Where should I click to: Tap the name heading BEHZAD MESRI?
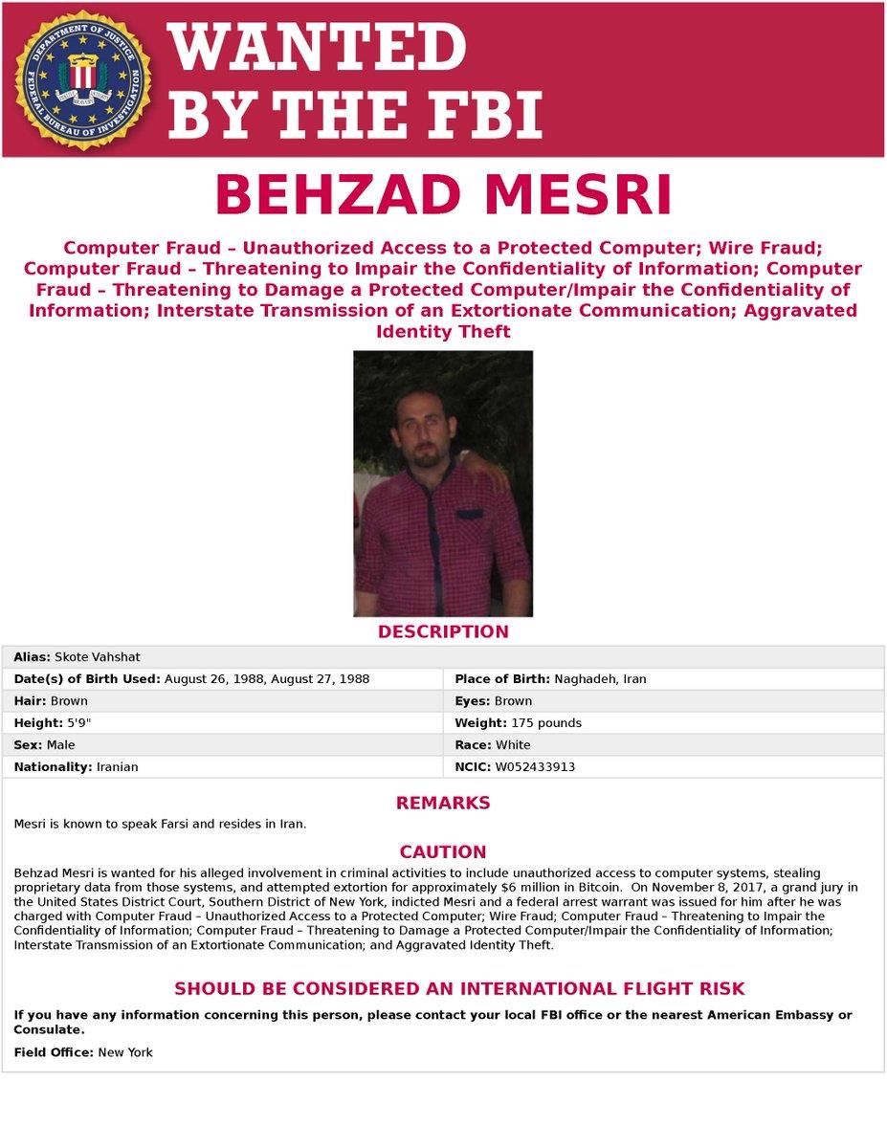click(443, 195)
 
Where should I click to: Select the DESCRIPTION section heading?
click(443, 631)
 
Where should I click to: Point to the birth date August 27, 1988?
click(323, 679)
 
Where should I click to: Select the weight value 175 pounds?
click(545, 723)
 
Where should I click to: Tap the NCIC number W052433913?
click(535, 767)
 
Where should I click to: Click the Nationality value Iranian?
click(117, 767)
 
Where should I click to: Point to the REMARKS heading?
click(443, 803)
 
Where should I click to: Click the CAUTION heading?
click(443, 851)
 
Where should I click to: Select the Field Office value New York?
click(125, 1052)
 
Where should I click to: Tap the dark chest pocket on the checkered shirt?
click(469, 516)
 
